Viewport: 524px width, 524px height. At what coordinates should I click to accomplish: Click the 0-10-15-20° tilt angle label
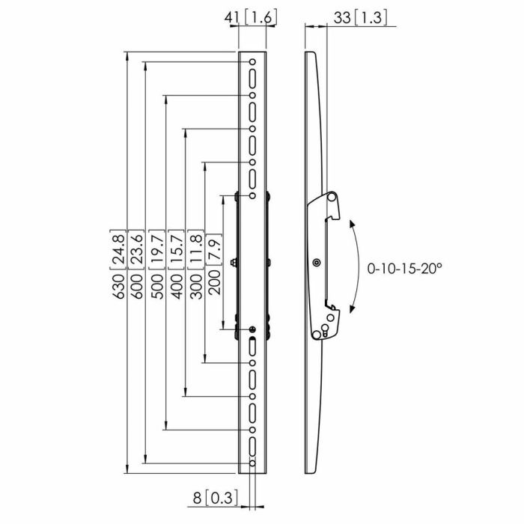[405, 267]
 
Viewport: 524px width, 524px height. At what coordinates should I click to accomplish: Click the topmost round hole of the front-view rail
[253, 62]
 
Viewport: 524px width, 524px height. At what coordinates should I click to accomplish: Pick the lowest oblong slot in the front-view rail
[253, 448]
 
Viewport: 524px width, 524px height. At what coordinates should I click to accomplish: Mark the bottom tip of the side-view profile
[311, 472]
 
